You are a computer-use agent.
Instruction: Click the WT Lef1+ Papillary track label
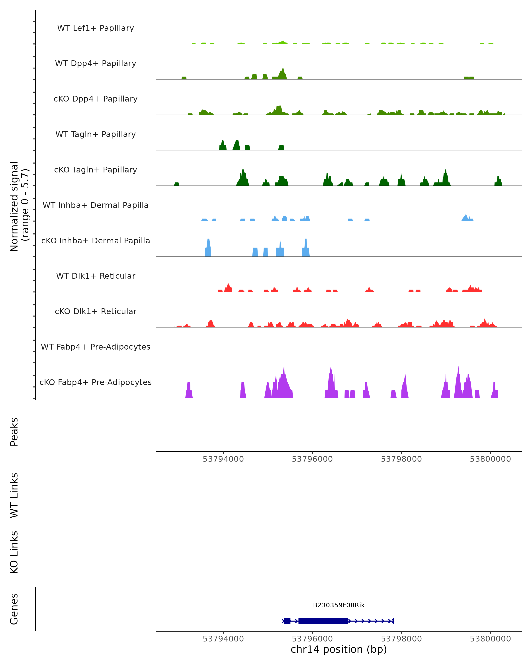[x=96, y=28]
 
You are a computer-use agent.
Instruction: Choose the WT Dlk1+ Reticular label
[x=96, y=276]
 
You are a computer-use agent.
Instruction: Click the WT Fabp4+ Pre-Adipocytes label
[x=96, y=347]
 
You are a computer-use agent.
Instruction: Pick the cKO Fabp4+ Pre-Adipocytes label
[x=96, y=382]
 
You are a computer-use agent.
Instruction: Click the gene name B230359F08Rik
[x=339, y=605]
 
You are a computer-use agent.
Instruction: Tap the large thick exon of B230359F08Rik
[x=323, y=621]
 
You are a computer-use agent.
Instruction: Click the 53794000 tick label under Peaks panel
[x=223, y=459]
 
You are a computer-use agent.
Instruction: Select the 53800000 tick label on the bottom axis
[x=490, y=639]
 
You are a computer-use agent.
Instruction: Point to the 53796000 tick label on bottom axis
[x=312, y=639]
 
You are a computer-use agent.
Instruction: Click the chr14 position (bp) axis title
[x=339, y=649]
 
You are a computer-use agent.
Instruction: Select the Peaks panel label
[x=14, y=432]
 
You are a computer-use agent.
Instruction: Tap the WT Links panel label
[x=14, y=495]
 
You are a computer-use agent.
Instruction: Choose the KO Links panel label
[x=14, y=552]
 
